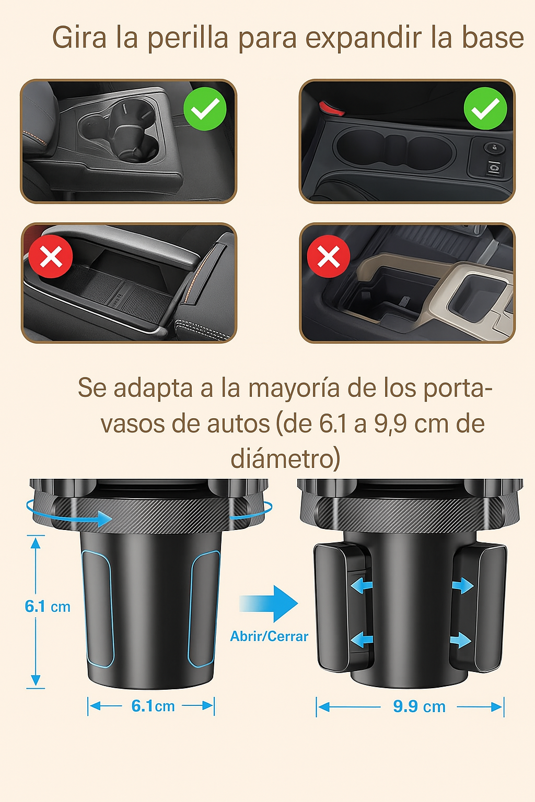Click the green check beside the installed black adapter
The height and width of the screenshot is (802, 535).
205,109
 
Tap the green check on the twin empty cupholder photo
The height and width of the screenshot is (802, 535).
485,109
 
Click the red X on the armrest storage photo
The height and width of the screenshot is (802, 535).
51,256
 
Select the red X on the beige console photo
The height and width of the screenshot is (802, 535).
328,256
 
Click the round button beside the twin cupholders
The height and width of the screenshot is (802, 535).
494,148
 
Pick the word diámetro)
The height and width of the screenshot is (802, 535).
285,458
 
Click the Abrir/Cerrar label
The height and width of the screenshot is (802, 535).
269,636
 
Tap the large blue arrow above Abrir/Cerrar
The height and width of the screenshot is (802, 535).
269,604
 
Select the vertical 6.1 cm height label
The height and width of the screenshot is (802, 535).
48,607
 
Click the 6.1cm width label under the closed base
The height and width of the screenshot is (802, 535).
153,706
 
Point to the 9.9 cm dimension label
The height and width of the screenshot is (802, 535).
419,707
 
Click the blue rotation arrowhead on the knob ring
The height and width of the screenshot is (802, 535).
104,518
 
